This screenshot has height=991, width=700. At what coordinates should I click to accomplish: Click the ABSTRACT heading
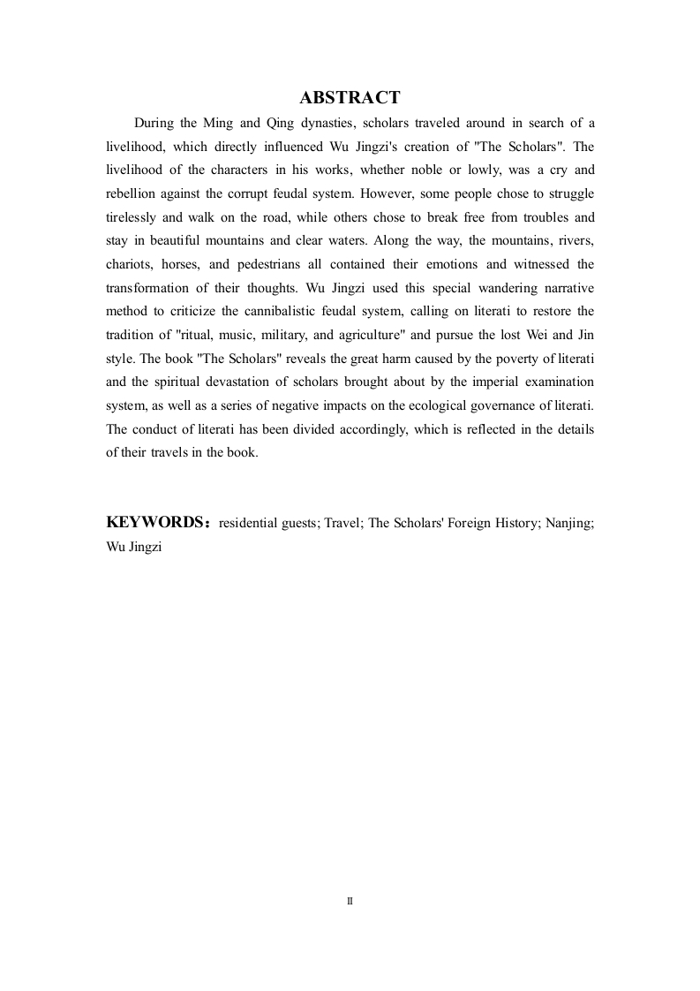pyautogui.click(x=350, y=98)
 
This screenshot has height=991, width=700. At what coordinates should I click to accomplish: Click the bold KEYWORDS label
pyautogui.click(x=155, y=523)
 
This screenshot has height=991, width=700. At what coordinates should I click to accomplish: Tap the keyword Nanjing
pyautogui.click(x=569, y=523)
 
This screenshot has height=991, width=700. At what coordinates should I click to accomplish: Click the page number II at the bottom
pyautogui.click(x=350, y=901)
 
